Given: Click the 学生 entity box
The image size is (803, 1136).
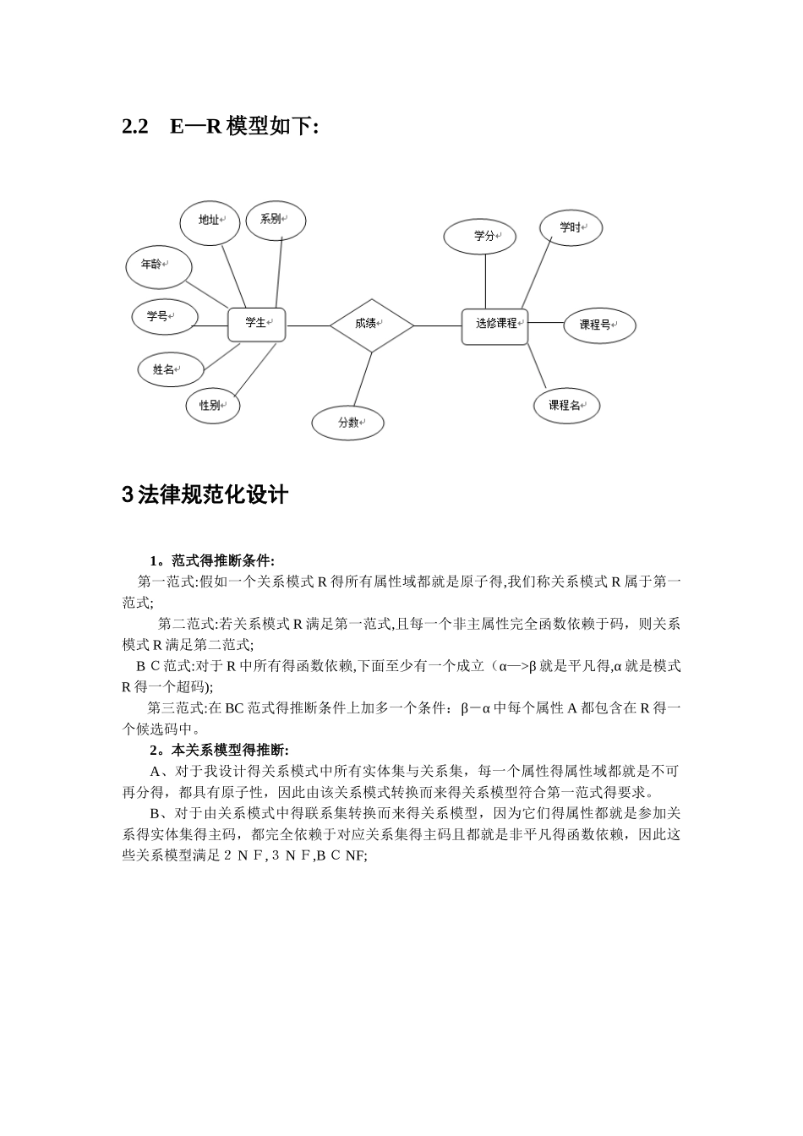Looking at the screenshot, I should pyautogui.click(x=257, y=324).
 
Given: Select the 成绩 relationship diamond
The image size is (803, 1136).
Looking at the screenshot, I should pyautogui.click(x=371, y=325).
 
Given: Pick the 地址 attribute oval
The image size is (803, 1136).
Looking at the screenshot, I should pyautogui.click(x=210, y=222).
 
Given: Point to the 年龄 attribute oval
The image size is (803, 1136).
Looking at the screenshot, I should pyautogui.click(x=158, y=266).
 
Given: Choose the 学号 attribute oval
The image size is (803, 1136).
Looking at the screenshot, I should pyautogui.click(x=164, y=318).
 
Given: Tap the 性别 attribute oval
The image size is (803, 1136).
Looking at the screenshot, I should pyautogui.click(x=212, y=406).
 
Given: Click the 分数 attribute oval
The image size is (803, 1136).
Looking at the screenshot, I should pyautogui.click(x=347, y=423).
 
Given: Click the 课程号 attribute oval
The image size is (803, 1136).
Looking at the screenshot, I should pyautogui.click(x=598, y=325).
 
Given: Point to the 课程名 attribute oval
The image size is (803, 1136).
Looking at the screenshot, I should pyautogui.click(x=566, y=407).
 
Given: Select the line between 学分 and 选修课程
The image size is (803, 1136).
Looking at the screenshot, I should pyautogui.click(x=485, y=281).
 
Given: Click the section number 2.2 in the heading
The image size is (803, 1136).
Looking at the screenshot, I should pyautogui.click(x=135, y=128).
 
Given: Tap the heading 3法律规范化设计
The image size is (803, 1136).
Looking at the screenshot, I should pyautogui.click(x=205, y=495).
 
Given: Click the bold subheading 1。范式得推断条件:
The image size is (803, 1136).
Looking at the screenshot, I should pyautogui.click(x=212, y=561).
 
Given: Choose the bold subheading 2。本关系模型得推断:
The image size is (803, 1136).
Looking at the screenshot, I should pyautogui.click(x=219, y=751).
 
